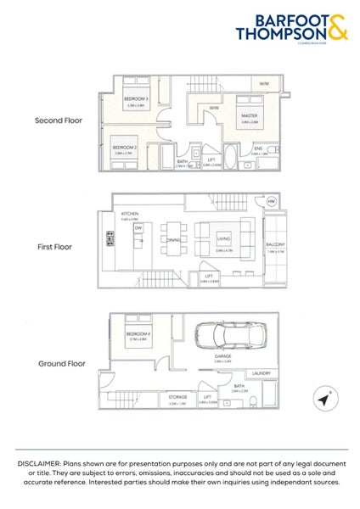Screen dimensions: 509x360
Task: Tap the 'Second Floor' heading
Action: (x=59, y=120)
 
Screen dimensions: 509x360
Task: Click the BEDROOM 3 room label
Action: (x=136, y=99)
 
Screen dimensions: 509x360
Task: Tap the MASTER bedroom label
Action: (x=249, y=115)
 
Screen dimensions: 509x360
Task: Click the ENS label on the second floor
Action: (x=258, y=148)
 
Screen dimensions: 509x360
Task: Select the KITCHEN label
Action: (x=130, y=213)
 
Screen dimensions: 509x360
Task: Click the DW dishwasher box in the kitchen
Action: (x=138, y=227)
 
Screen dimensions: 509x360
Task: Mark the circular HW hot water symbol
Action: (x=273, y=202)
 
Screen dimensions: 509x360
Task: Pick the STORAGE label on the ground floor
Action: (x=177, y=396)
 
